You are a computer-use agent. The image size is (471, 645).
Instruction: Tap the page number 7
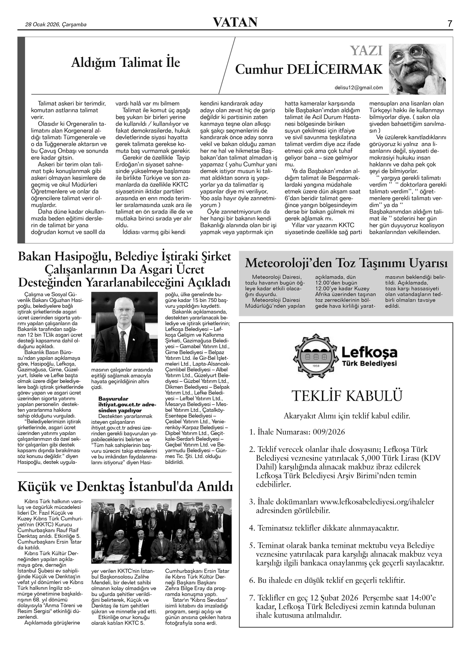pos(450,24)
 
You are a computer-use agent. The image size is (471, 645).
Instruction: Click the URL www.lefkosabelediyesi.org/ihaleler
pos(377,501)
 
